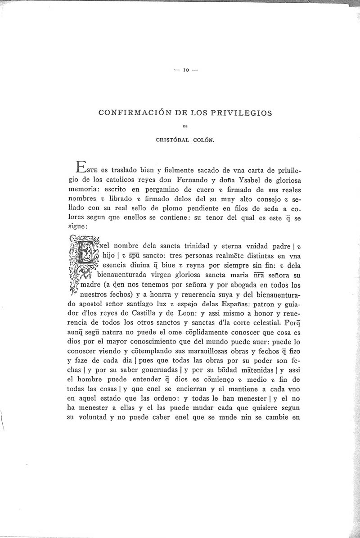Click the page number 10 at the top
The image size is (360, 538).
(x=185, y=70)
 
